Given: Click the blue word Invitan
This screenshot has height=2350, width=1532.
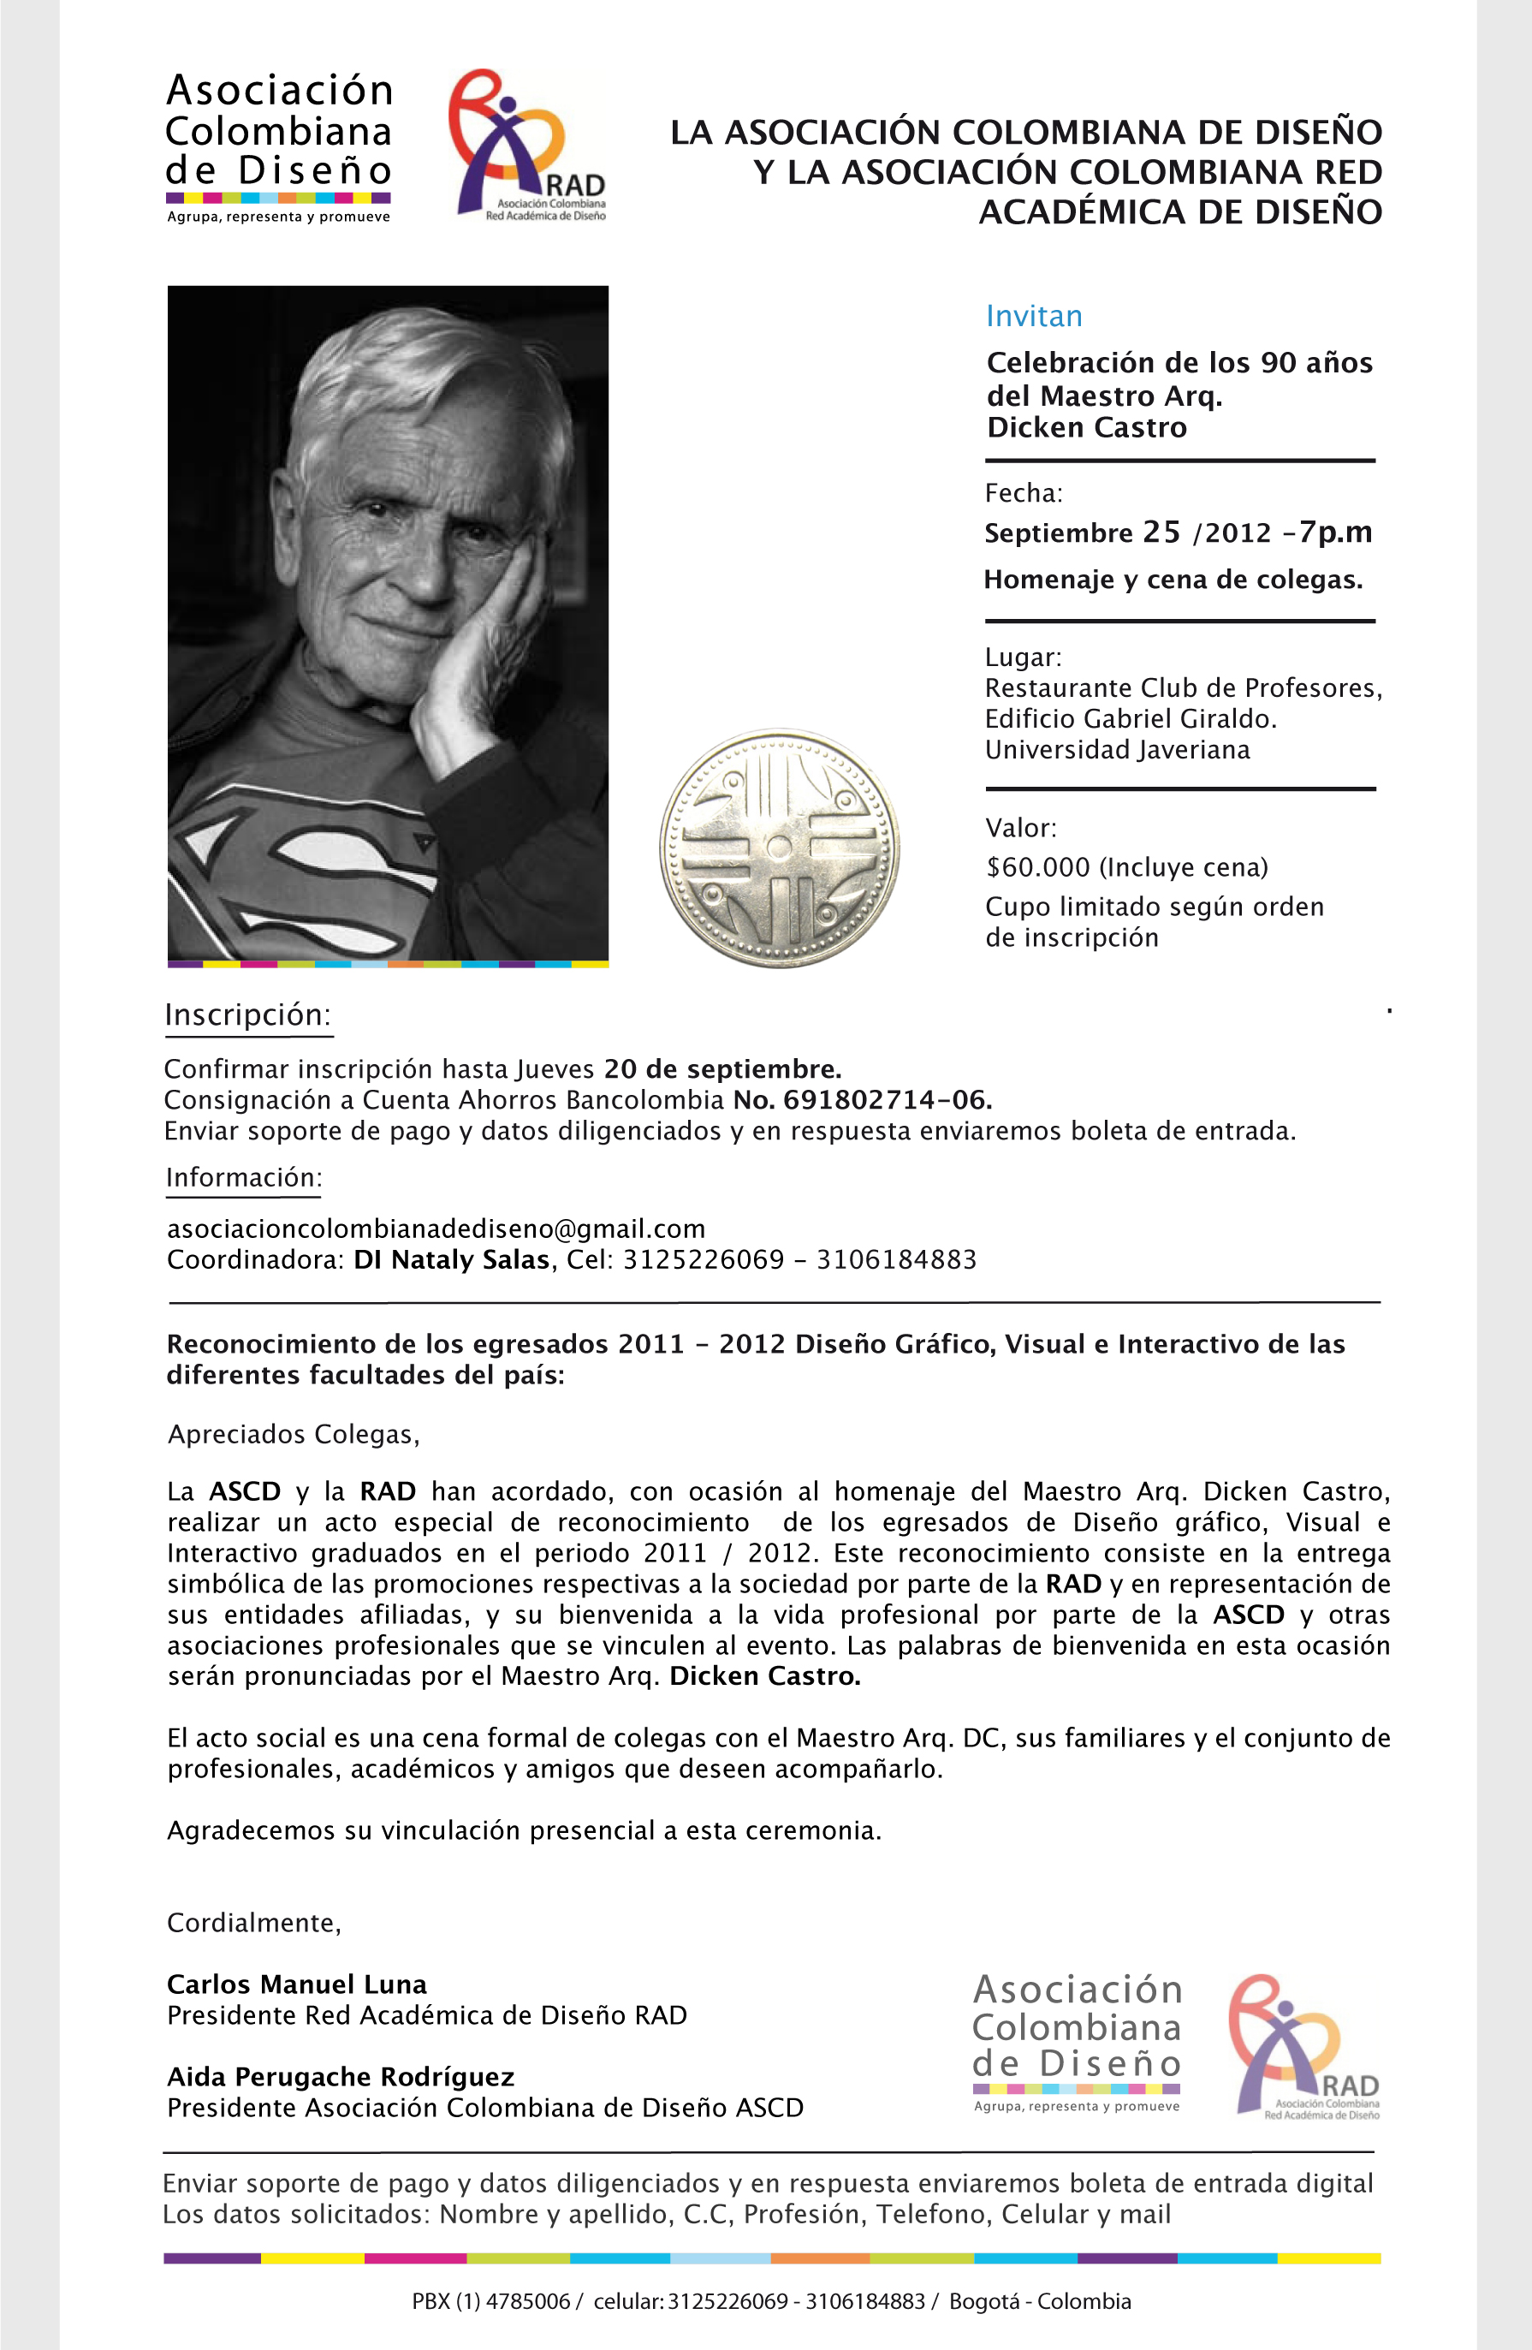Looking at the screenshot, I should tap(1034, 316).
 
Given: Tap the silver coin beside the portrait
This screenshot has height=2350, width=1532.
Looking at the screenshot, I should tap(780, 848).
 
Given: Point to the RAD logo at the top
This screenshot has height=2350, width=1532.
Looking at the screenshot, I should tap(527, 146).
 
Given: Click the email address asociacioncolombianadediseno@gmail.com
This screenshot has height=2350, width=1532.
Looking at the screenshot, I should tap(436, 1229).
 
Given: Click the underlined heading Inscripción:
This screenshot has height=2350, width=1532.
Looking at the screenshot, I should tap(247, 1015).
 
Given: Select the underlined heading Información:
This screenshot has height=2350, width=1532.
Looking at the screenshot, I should tap(244, 1177).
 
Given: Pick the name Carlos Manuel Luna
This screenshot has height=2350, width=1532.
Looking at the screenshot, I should tap(297, 1984).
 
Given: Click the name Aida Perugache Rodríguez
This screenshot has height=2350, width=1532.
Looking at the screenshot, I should tap(341, 2077).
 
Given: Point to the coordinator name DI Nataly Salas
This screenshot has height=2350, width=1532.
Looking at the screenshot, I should tap(451, 1260).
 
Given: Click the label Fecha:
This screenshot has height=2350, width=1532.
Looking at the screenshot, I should tap(1024, 493).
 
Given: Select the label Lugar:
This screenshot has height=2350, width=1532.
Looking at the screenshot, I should tap(1023, 657).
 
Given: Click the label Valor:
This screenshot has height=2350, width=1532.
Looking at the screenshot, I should tap(1021, 828).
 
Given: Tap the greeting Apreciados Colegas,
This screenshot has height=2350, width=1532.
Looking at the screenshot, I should tap(294, 1435).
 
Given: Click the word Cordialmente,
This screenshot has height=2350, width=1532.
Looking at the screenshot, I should tap(253, 1924).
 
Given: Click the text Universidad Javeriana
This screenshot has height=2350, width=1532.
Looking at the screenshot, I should tap(1116, 749).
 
